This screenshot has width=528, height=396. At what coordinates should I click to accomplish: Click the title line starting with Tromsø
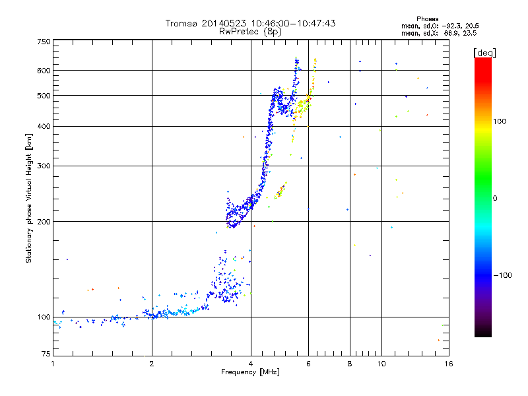[x=250, y=23]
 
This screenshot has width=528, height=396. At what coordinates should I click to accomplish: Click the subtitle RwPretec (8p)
[x=250, y=31]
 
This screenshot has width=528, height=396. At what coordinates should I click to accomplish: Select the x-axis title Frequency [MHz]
[x=250, y=372]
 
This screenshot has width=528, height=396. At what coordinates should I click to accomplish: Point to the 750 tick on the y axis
[x=44, y=41]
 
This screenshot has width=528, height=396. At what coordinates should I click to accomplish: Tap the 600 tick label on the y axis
[x=44, y=70]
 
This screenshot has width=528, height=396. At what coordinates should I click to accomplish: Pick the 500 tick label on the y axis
[x=44, y=95]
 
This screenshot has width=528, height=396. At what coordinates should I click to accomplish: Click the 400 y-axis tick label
[x=44, y=126]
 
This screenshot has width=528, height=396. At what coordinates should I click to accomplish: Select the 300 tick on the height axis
[x=44, y=166]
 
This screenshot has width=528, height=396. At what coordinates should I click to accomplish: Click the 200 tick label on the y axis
[x=44, y=222]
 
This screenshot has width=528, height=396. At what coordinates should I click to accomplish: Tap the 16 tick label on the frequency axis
[x=447, y=364]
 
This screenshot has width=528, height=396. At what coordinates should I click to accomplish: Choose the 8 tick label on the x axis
[x=349, y=364]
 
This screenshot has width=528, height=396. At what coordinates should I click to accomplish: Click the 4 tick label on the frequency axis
[x=251, y=364]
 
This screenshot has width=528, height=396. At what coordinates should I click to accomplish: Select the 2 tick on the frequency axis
[x=152, y=364]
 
